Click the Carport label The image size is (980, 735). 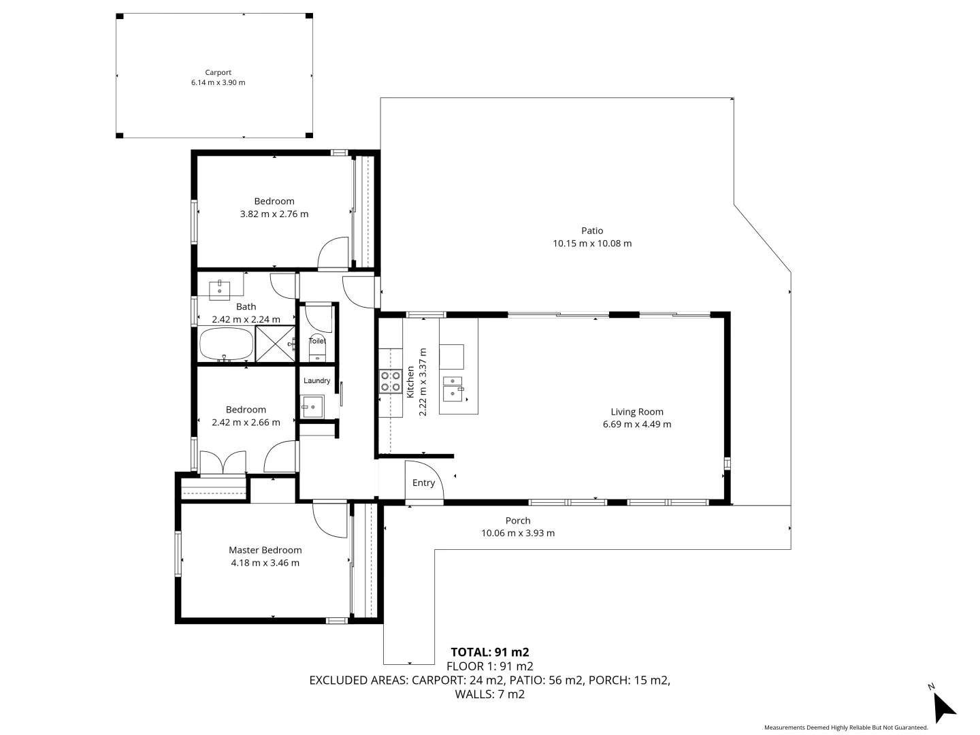tap(218, 72)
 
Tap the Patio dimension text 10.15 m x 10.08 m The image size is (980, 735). tap(592, 244)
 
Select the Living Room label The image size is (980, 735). tap(636, 412)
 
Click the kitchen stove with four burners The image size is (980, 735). tap(390, 381)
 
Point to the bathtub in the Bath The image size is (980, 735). tap(226, 344)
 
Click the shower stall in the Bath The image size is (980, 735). tap(276, 344)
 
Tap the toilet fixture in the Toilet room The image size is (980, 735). tap(318, 351)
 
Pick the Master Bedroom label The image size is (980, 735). tap(265, 550)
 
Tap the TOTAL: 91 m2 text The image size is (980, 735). tap(489, 652)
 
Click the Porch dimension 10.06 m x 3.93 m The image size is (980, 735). tap(517, 534)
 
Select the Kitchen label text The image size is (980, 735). tap(410, 382)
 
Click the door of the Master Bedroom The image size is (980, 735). tap(329, 521)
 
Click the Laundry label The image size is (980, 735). tap(317, 380)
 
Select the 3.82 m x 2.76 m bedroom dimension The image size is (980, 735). tap(274, 214)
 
